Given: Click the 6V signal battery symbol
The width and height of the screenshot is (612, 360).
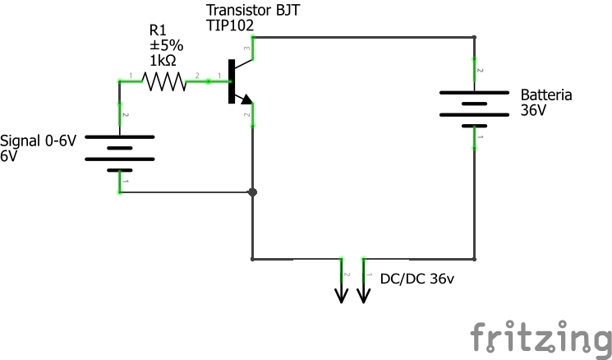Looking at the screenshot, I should (121, 148).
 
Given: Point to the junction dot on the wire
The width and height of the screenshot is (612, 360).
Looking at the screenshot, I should (252, 192).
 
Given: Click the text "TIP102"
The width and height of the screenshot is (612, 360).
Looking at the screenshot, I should (229, 25).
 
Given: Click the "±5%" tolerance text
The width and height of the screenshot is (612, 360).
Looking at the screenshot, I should (165, 47).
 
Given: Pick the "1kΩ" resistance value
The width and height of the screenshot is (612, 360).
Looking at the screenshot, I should (163, 62).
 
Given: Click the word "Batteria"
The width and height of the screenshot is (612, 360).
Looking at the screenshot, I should (546, 95).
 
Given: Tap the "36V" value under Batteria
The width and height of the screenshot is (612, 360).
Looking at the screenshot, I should (533, 110).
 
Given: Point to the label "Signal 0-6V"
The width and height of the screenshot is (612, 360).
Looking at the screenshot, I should (39, 141).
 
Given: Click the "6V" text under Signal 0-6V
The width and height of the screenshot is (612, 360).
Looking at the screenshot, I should (9, 155).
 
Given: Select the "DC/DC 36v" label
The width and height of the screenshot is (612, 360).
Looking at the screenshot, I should (416, 279).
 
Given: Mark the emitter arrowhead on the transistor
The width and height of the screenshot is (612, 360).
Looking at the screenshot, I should (245, 99).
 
